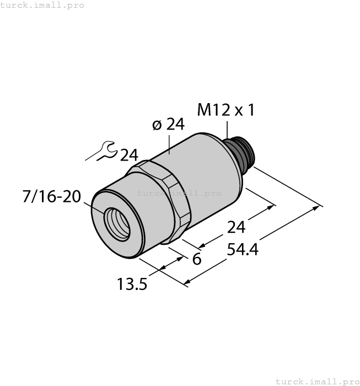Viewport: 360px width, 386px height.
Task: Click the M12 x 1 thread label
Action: coord(226,110)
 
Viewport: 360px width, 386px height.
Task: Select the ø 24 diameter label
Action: coord(168,125)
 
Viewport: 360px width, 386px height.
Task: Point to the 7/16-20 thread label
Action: coord(52,196)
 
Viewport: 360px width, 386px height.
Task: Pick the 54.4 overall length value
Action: coord(242,250)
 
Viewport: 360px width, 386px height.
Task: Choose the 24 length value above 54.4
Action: coord(237,227)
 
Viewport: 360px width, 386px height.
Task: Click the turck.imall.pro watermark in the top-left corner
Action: coord(42,5)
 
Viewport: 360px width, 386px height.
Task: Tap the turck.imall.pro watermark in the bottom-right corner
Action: coord(317,381)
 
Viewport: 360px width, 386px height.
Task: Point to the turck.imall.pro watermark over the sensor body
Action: coord(179,193)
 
